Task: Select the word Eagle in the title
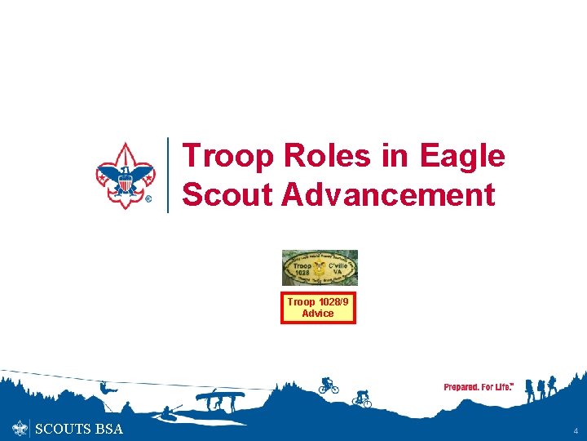point(462,156)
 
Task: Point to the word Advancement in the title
point(387,195)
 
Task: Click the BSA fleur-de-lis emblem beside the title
point(125,175)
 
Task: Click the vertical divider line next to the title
point(168,175)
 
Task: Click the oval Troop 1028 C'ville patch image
point(320,268)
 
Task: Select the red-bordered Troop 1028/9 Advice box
point(318,308)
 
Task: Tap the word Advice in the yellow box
point(318,314)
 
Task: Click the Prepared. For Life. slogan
point(479,387)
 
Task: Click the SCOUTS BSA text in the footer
point(79,429)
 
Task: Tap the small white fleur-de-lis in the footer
point(20,429)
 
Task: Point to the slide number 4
point(575,430)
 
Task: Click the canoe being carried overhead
point(220,397)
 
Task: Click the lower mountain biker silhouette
point(361,399)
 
